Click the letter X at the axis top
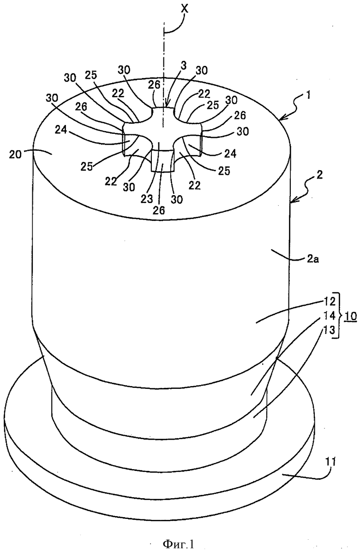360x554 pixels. click(x=185, y=9)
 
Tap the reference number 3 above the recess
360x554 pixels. click(x=183, y=66)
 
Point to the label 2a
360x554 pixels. click(x=313, y=259)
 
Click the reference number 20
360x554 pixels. click(x=15, y=155)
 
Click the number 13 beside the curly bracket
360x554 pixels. click(x=330, y=330)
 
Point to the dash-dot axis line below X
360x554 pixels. click(x=163, y=75)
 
